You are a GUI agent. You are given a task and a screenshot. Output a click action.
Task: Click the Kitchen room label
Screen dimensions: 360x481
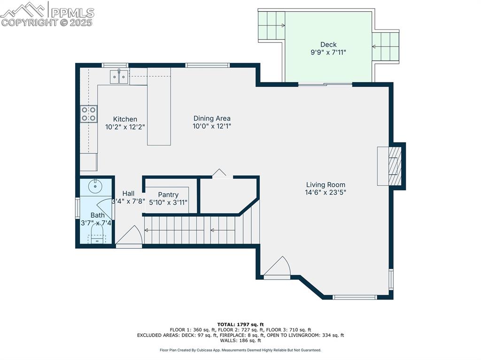125,119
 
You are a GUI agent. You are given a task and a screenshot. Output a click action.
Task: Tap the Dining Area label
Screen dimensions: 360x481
212,119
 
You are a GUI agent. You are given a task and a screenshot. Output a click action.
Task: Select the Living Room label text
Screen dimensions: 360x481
326,184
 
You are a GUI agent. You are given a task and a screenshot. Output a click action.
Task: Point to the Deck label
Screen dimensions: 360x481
328,45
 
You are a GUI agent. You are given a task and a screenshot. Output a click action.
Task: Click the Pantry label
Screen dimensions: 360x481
168,195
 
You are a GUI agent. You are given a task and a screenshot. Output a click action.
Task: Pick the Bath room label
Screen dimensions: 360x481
98,215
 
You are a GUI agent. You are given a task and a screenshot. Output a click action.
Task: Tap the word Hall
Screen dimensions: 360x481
128,193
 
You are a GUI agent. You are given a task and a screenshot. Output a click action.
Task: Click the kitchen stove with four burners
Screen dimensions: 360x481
89,114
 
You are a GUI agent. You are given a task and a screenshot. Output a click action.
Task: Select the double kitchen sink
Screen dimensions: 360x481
119,77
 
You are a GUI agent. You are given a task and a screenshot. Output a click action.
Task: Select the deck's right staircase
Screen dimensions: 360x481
386,46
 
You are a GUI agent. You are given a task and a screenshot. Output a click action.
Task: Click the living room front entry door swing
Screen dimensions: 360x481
279,267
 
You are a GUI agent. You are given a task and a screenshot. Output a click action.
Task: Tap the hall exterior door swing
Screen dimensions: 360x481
129,236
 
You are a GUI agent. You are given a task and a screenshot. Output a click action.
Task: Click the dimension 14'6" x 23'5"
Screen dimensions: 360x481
326,192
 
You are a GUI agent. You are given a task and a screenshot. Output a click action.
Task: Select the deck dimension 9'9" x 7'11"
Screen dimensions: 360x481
328,53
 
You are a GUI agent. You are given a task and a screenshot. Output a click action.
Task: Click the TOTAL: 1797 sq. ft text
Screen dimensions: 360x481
240,324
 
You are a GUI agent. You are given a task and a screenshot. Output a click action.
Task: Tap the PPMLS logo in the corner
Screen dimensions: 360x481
47,14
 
